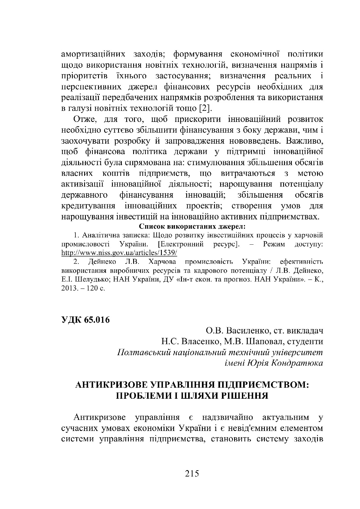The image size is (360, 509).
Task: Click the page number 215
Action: (x=191, y=474)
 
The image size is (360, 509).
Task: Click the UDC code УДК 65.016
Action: (x=86, y=320)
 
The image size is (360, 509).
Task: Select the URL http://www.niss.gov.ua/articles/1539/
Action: (x=119, y=253)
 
